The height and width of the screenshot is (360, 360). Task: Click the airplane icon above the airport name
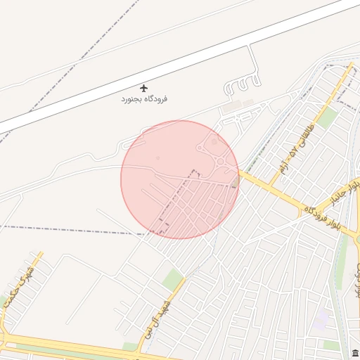click(x=144, y=89)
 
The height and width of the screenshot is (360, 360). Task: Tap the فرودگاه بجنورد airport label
click(x=144, y=99)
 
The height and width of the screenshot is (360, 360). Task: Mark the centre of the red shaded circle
click(x=180, y=179)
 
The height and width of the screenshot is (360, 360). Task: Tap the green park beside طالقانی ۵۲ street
click(x=326, y=117)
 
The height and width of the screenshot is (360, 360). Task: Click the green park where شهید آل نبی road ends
click(x=172, y=279)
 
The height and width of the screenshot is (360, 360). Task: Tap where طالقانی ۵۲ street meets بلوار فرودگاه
click(x=270, y=189)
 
